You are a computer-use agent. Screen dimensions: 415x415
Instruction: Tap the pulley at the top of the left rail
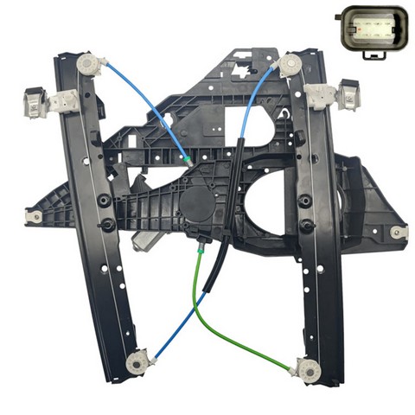89,65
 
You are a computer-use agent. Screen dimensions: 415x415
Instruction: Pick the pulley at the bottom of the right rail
304,367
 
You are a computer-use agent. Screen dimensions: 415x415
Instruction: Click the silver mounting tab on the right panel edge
397,232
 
